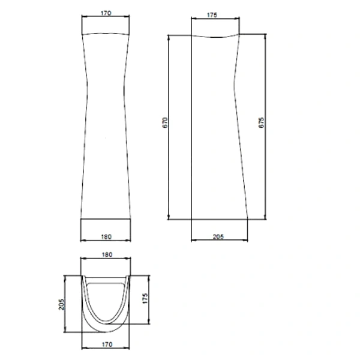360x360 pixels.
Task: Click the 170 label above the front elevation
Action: click(x=106, y=13)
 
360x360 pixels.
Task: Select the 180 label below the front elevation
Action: click(x=106, y=237)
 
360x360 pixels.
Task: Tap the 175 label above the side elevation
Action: click(x=212, y=15)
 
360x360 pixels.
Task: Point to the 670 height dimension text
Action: click(x=165, y=123)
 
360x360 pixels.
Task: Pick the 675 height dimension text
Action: click(x=261, y=123)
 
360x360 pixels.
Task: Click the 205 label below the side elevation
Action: click(x=218, y=237)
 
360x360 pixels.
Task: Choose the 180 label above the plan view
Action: click(x=107, y=254)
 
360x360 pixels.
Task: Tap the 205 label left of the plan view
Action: click(x=62, y=304)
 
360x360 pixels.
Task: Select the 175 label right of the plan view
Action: click(x=145, y=298)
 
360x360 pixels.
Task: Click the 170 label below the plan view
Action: click(x=107, y=344)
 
